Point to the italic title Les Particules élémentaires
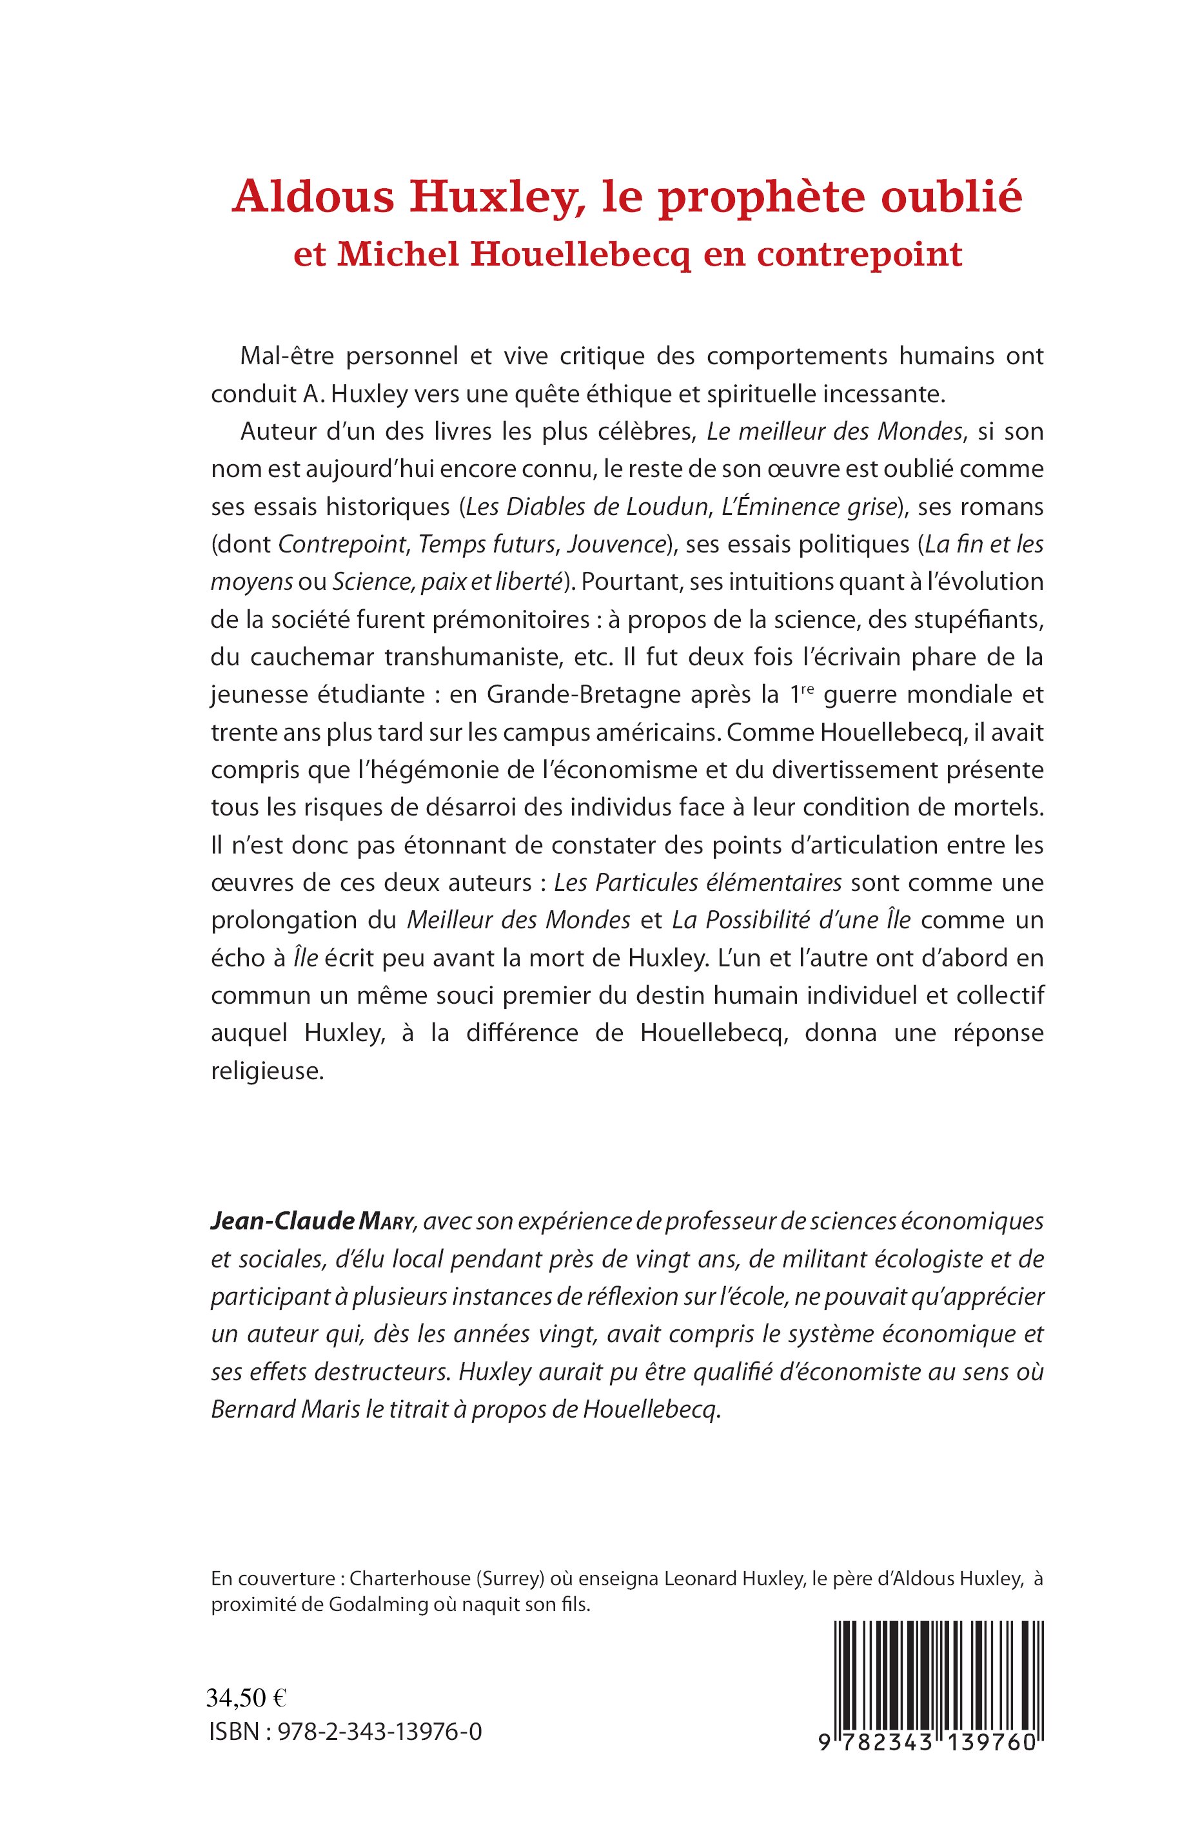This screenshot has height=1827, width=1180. coord(697,883)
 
